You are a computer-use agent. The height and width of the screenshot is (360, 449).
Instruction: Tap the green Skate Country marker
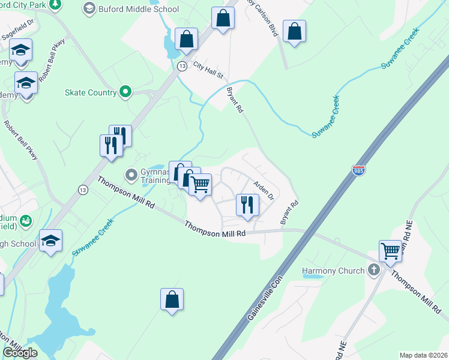point(125,92)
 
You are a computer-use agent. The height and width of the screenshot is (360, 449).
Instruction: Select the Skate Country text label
point(90,92)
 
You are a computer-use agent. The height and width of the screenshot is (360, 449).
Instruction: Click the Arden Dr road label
point(263,191)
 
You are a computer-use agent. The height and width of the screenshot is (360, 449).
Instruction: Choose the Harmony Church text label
point(333,271)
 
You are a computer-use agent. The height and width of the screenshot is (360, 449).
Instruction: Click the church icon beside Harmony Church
point(374,270)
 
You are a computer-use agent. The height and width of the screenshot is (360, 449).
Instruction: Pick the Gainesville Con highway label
point(264,295)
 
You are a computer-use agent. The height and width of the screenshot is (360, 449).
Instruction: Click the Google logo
point(20,353)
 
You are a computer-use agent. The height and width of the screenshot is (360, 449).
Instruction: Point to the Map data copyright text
point(424,355)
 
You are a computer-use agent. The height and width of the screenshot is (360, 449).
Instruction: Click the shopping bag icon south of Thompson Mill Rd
point(172,299)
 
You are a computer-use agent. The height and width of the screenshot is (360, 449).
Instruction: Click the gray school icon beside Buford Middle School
point(89,8)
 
